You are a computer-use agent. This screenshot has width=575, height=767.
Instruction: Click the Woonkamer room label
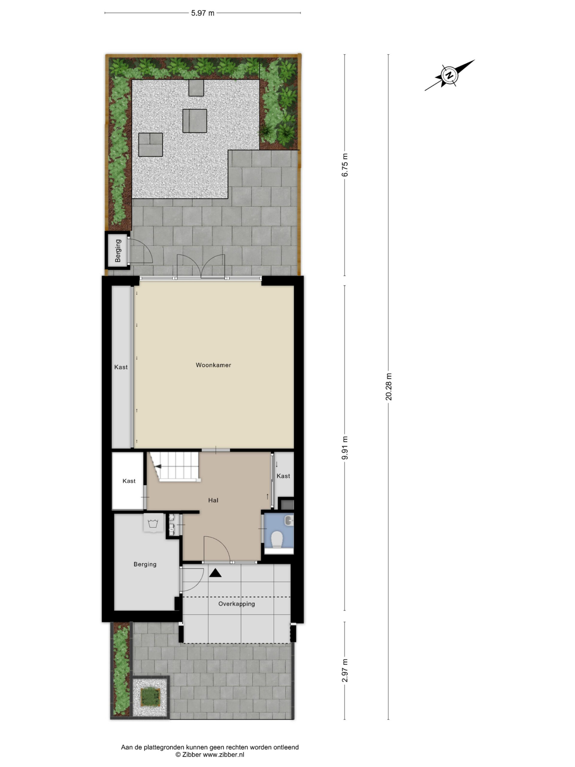pyautogui.click(x=213, y=365)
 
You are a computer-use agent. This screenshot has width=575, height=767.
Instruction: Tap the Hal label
pyautogui.click(x=213, y=500)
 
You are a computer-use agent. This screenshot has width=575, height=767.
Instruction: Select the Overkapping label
pyautogui.click(x=236, y=604)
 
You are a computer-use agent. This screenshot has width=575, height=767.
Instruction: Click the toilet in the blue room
pyautogui.click(x=277, y=540)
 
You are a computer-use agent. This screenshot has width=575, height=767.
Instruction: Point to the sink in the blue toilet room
pyautogui.click(x=289, y=520)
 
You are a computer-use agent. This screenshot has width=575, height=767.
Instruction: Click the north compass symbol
pyautogui.click(x=449, y=75)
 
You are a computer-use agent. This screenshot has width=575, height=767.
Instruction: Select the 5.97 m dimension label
pyautogui.click(x=203, y=13)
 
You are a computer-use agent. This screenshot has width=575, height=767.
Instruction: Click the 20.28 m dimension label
pyautogui.click(x=388, y=386)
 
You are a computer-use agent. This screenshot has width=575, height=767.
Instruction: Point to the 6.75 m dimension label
pyautogui.click(x=345, y=165)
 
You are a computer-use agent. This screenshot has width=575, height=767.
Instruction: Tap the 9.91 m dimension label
pyautogui.click(x=345, y=448)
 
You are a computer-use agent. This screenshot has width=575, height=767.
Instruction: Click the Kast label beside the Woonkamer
pyautogui.click(x=121, y=367)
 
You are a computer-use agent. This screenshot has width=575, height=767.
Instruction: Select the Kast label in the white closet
pyautogui.click(x=129, y=481)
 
